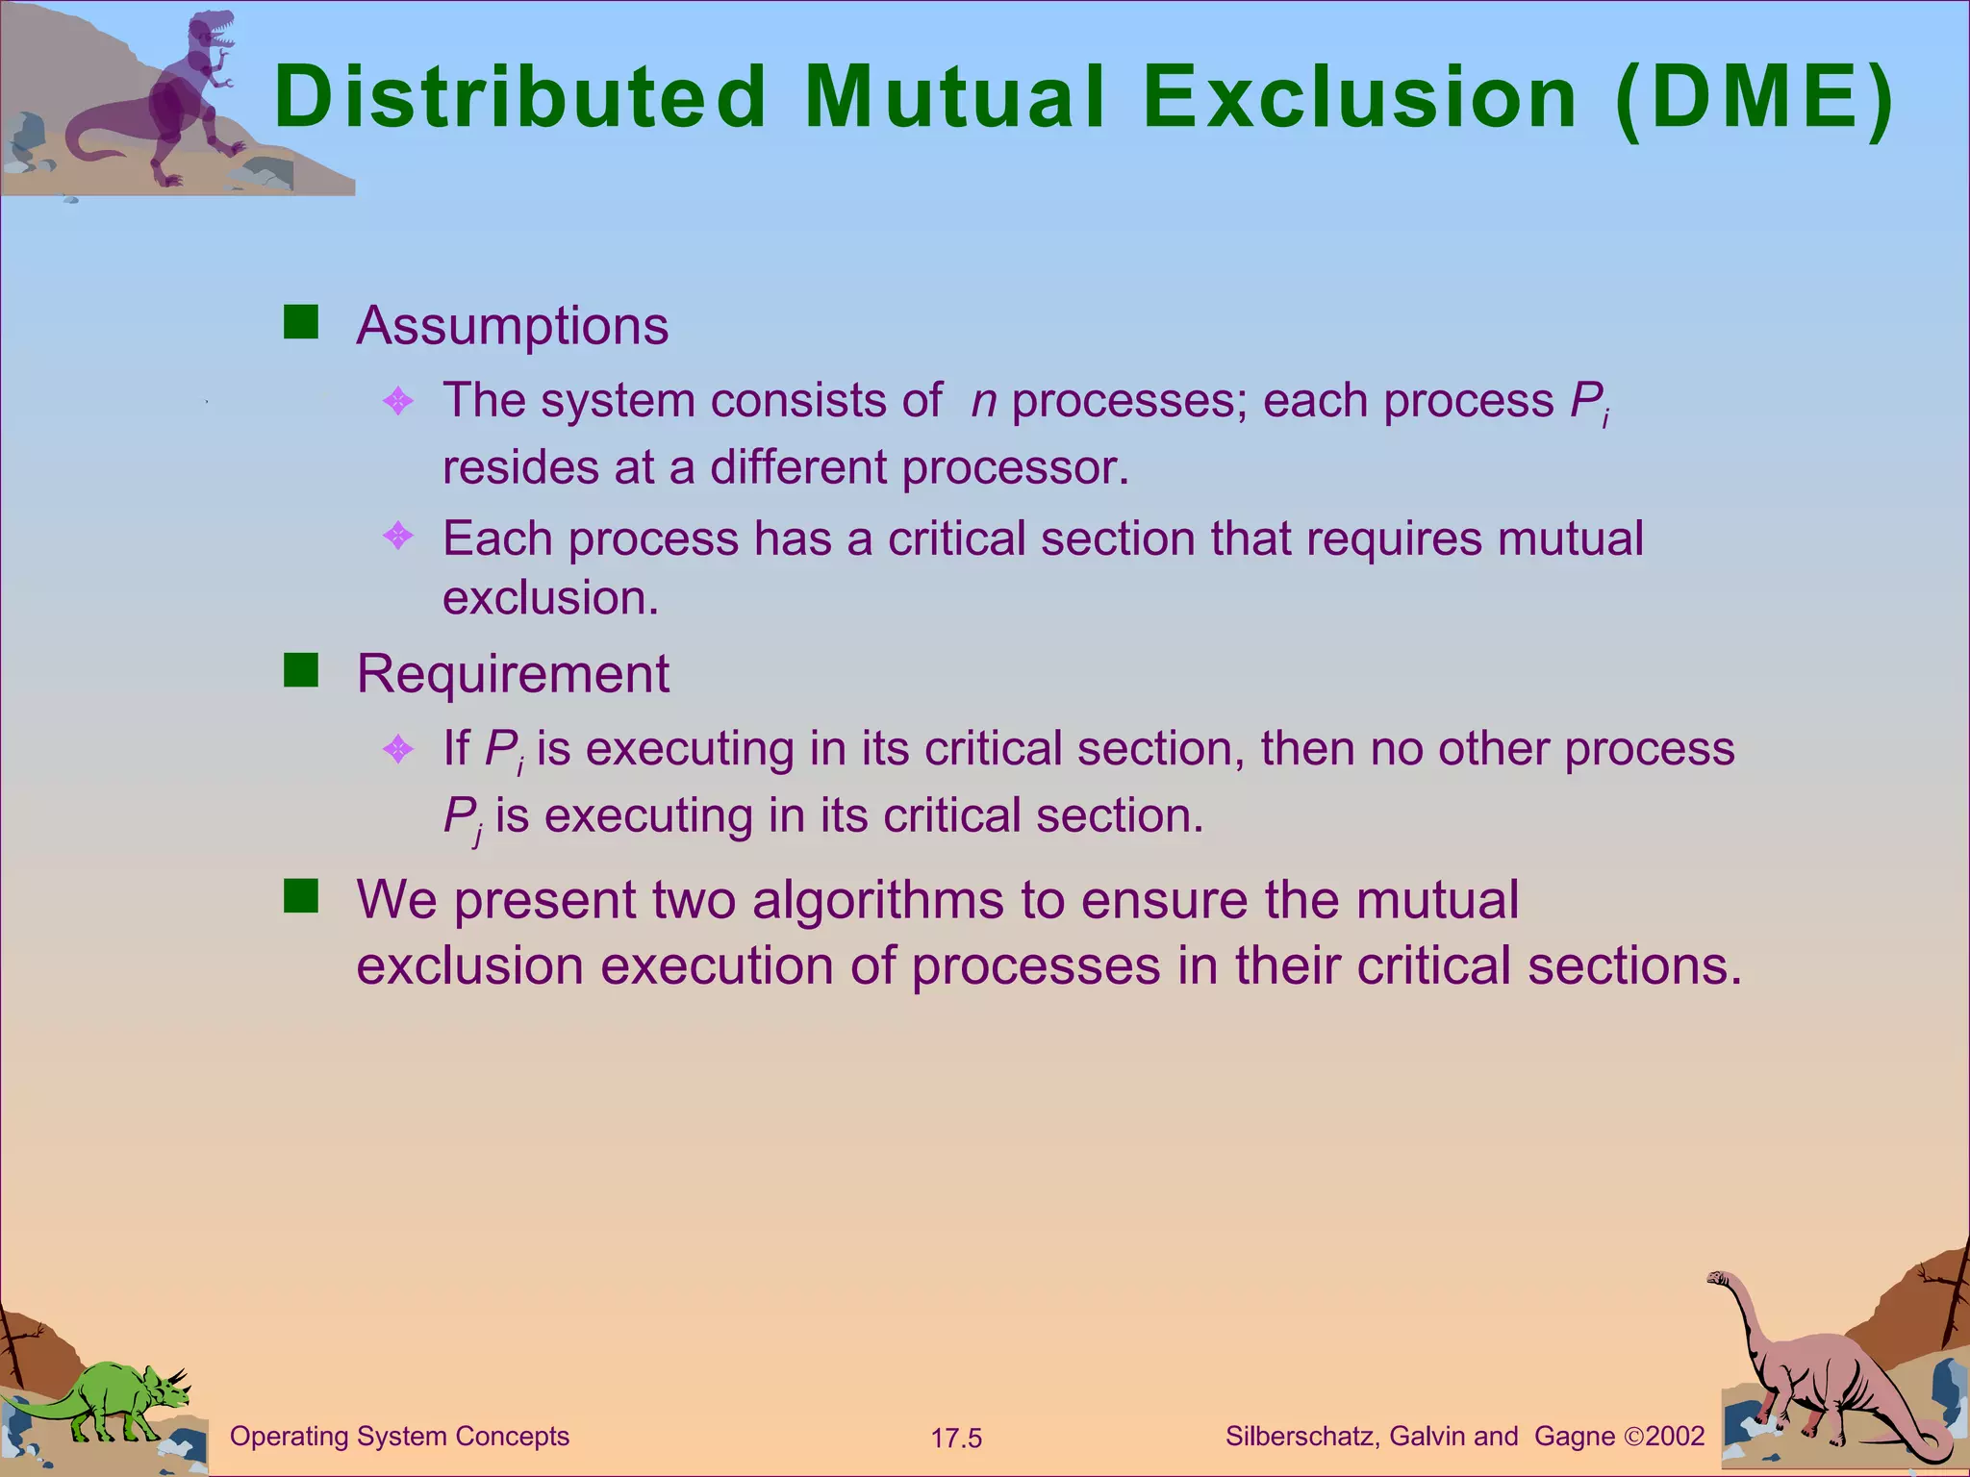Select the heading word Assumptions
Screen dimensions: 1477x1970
512,326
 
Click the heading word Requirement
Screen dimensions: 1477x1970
512,674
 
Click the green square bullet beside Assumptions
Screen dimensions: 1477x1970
301,323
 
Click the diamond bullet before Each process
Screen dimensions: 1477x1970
397,536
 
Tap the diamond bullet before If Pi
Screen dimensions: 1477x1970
397,748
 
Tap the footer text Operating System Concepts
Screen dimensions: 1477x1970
399,1437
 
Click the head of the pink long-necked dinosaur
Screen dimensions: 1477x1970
1719,1279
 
